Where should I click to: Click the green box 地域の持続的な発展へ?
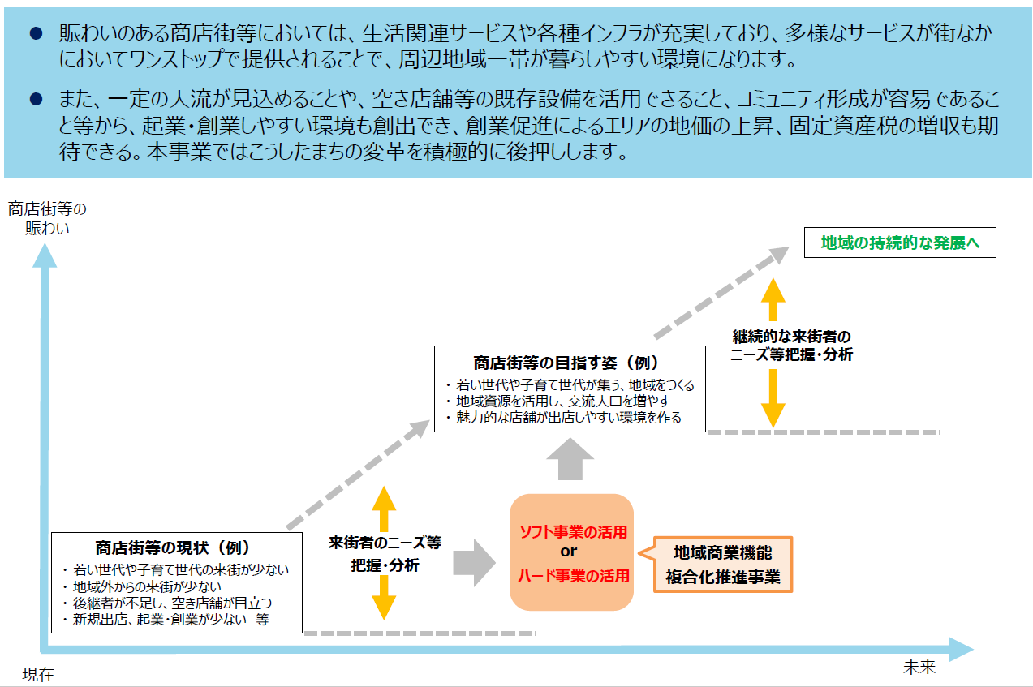[x=899, y=243]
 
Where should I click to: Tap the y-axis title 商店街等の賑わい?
[x=47, y=218]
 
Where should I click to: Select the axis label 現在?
[x=38, y=674]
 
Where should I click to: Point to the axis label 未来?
[x=919, y=668]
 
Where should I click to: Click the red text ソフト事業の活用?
[x=573, y=533]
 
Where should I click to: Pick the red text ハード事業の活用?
[x=573, y=576]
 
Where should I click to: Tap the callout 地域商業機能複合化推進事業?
[x=723, y=565]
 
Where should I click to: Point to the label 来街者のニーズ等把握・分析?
[x=385, y=554]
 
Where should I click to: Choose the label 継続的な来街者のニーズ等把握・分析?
[x=792, y=346]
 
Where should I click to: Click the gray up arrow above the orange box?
[x=570, y=460]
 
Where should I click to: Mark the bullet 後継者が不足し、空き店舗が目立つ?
[x=172, y=603]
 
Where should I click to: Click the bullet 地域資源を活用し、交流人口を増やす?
[x=562, y=401]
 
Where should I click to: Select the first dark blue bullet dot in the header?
[x=35, y=33]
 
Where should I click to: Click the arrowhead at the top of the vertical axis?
[x=44, y=254]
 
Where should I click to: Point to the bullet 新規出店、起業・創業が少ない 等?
[x=170, y=620]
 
